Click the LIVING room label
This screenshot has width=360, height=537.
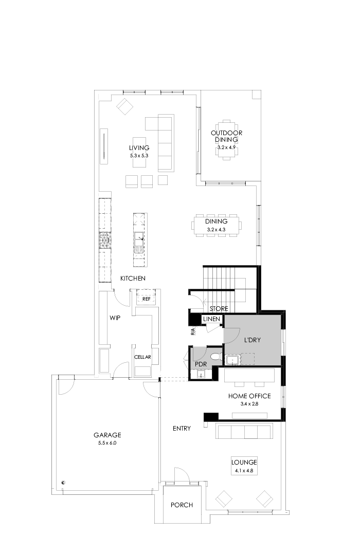coord(139,148)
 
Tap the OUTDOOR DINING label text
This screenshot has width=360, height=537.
coord(226,136)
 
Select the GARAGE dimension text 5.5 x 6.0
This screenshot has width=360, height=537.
coord(107,442)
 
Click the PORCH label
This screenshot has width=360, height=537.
coord(182,505)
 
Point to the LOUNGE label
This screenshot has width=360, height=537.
coord(244,462)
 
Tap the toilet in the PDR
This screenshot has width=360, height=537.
coord(215,356)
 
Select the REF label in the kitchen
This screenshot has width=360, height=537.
coord(146,299)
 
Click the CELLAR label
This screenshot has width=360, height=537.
coord(142,357)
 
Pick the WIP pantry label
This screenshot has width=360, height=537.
coord(115,318)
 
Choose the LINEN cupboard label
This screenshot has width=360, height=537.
coord(211,319)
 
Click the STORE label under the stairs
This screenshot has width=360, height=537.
coord(219,309)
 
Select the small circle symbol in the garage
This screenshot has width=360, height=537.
coord(63,482)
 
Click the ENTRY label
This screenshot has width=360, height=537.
coord(182,428)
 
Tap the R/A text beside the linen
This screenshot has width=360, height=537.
coord(193,331)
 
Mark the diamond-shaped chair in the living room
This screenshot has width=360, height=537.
coord(124,107)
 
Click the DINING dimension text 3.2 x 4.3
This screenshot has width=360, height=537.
coord(216,229)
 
